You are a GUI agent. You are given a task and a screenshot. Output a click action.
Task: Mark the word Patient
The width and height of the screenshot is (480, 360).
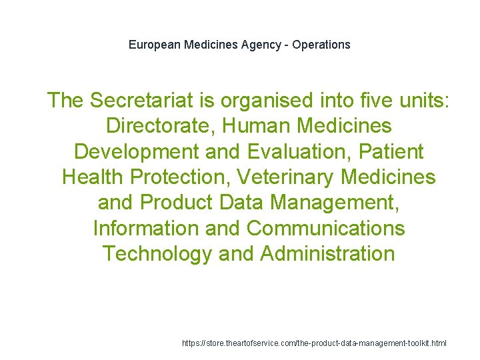click(391, 151)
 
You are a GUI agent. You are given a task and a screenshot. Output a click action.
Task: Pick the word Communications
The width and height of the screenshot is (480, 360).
click(326, 228)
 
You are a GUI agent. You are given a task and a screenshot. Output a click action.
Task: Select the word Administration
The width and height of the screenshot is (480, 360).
click(328, 254)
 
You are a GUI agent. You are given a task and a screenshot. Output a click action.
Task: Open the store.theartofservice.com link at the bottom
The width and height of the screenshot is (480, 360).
click(314, 343)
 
